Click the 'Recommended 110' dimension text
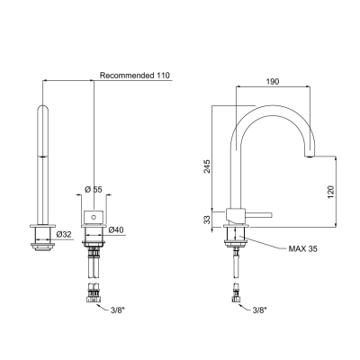[135, 76]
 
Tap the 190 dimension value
[273, 82]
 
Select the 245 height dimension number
[207, 166]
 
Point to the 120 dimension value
[330, 192]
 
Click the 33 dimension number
[207, 220]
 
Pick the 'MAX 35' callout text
[302, 248]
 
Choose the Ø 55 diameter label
[94, 190]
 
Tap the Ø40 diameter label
[116, 230]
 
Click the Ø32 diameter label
[64, 235]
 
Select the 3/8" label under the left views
[117, 311]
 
